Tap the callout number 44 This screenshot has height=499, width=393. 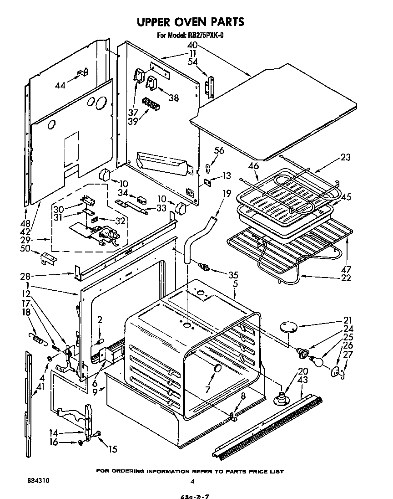point(60,85)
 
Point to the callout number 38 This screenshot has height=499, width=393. point(173,97)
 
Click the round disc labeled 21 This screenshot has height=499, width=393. point(287,326)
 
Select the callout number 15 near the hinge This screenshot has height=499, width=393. point(112,449)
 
